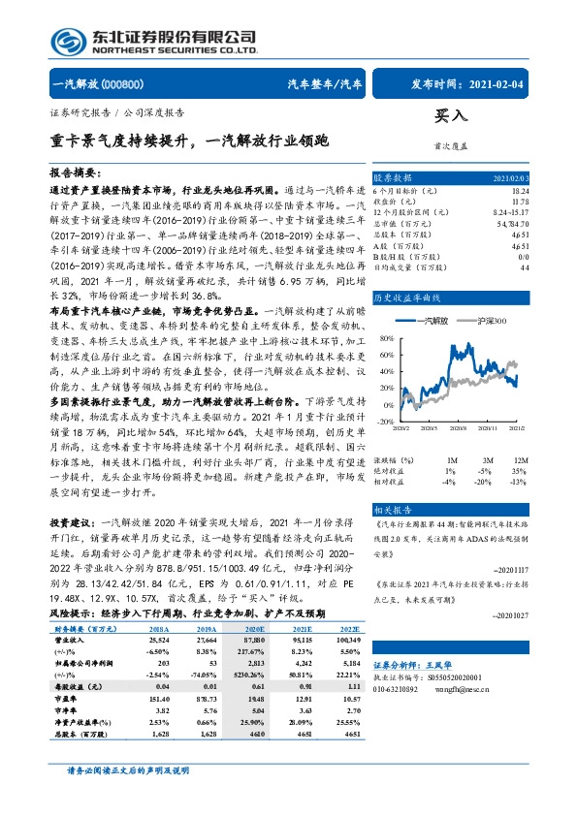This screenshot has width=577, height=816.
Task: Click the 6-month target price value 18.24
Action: [x=522, y=192]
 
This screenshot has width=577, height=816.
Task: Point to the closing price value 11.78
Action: [x=522, y=202]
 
